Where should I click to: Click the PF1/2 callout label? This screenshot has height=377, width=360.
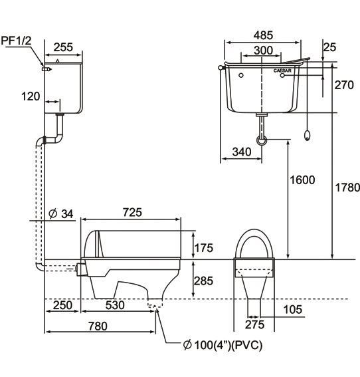click(17, 41)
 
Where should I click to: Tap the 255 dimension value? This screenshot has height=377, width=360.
click(63, 47)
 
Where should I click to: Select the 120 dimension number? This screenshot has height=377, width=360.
click(31, 96)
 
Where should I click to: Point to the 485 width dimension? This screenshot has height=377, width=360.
click(264, 35)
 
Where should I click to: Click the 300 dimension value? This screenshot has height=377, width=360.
click(264, 51)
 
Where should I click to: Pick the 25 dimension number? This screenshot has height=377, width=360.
click(329, 47)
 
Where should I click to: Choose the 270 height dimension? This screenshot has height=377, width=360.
click(344, 85)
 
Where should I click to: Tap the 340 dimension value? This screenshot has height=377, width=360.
click(242, 152)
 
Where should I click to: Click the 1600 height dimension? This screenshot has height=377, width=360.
click(302, 180)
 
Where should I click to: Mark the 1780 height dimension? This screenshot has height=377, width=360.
click(347, 188)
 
